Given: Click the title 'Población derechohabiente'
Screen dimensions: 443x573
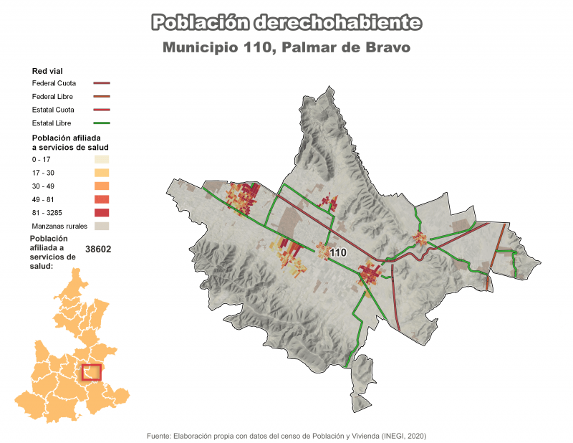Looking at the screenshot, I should click(286, 23).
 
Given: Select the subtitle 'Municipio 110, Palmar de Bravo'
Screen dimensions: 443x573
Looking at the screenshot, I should click(286, 48).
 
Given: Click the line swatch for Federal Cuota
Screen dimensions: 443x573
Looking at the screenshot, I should click(101, 83).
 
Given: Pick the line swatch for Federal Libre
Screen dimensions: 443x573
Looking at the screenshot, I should click(101, 96).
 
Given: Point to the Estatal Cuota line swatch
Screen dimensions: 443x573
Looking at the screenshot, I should click(101, 110).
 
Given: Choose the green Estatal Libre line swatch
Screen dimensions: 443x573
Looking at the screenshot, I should click(101, 123).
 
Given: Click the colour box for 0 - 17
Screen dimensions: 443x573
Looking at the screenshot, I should click(101, 159).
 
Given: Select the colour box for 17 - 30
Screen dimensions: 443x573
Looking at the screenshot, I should click(101, 173).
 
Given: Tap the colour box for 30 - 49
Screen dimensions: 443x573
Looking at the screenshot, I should click(101, 186).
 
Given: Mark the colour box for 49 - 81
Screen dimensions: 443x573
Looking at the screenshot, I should click(101, 199).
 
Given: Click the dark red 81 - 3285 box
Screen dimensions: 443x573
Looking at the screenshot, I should click(101, 212).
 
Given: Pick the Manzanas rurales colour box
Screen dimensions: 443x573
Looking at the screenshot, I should click(101, 226).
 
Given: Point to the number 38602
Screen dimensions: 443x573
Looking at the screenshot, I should click(98, 249).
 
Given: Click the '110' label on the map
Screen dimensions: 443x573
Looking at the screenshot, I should click(338, 252).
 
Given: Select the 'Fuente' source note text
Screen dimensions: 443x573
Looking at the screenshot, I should click(286, 435).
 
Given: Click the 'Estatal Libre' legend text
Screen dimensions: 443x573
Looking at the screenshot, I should click(52, 123).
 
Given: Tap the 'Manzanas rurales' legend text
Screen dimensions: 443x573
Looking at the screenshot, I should click(59, 226).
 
